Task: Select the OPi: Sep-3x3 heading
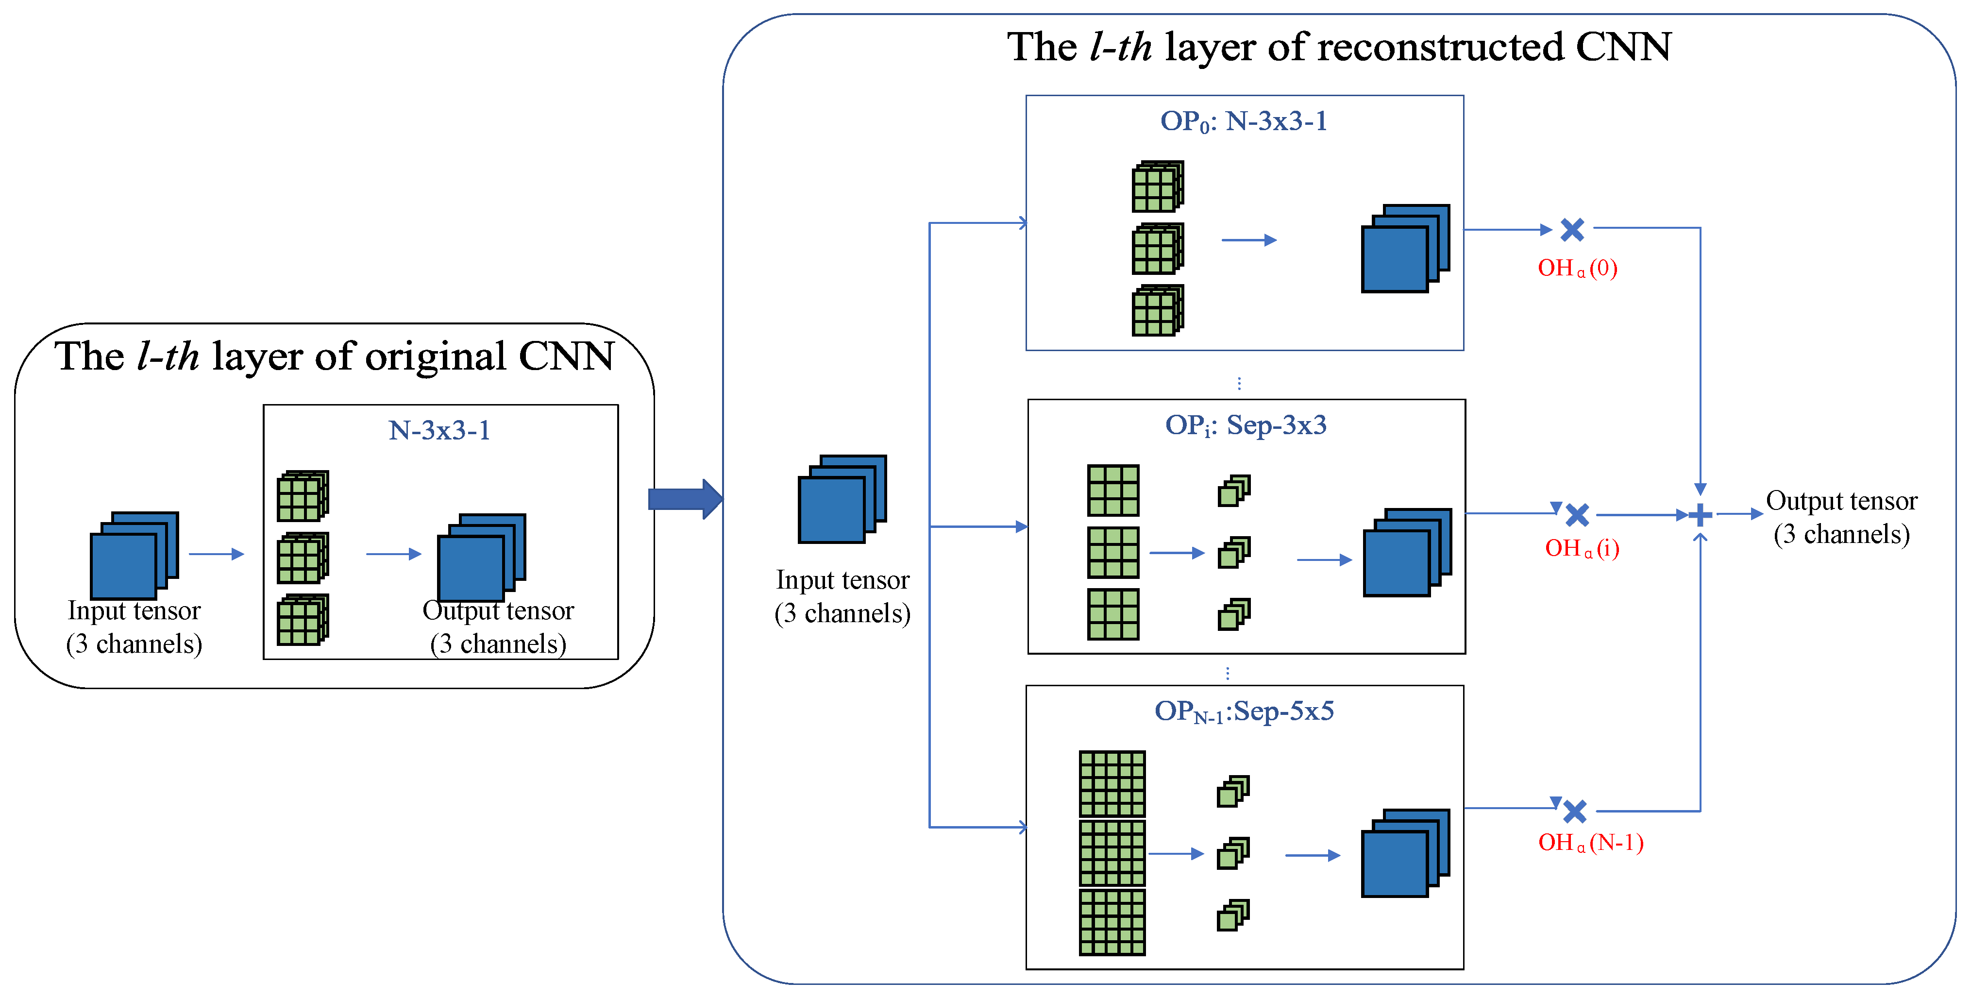pyautogui.click(x=1246, y=425)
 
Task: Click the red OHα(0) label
pyautogui.click(x=1577, y=268)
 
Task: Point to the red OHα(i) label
pyautogui.click(x=1582, y=548)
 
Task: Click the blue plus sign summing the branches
pyautogui.click(x=1700, y=514)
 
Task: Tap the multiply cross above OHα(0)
pyautogui.click(x=1572, y=229)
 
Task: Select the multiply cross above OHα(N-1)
pyautogui.click(x=1575, y=811)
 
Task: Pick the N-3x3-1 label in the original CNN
pyautogui.click(x=439, y=430)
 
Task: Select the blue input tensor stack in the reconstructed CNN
pyautogui.click(x=842, y=499)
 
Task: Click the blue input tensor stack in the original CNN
pyautogui.click(x=134, y=555)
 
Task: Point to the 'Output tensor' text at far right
pyautogui.click(x=1841, y=501)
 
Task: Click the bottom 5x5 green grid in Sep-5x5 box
pyautogui.click(x=1112, y=922)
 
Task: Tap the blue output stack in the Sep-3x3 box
pyautogui.click(x=1406, y=552)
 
